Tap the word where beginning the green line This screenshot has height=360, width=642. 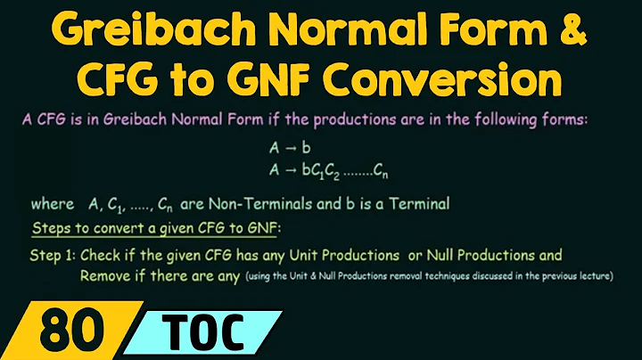click(51, 204)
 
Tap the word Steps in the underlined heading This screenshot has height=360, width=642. click(51, 228)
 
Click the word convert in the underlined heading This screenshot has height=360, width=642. click(111, 228)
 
